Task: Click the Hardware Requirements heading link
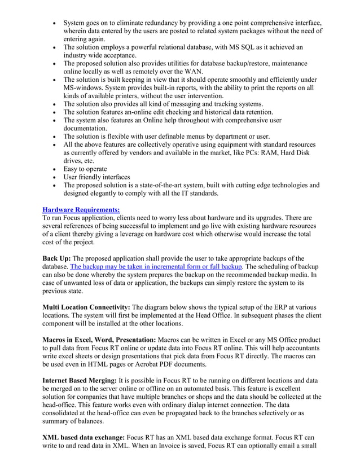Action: coord(81,209)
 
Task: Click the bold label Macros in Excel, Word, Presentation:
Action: coord(99,340)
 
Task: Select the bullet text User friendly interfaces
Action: coord(96,177)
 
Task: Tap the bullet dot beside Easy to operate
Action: coord(54,169)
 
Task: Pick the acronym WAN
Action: coord(192,72)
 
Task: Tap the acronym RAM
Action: coord(273,153)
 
